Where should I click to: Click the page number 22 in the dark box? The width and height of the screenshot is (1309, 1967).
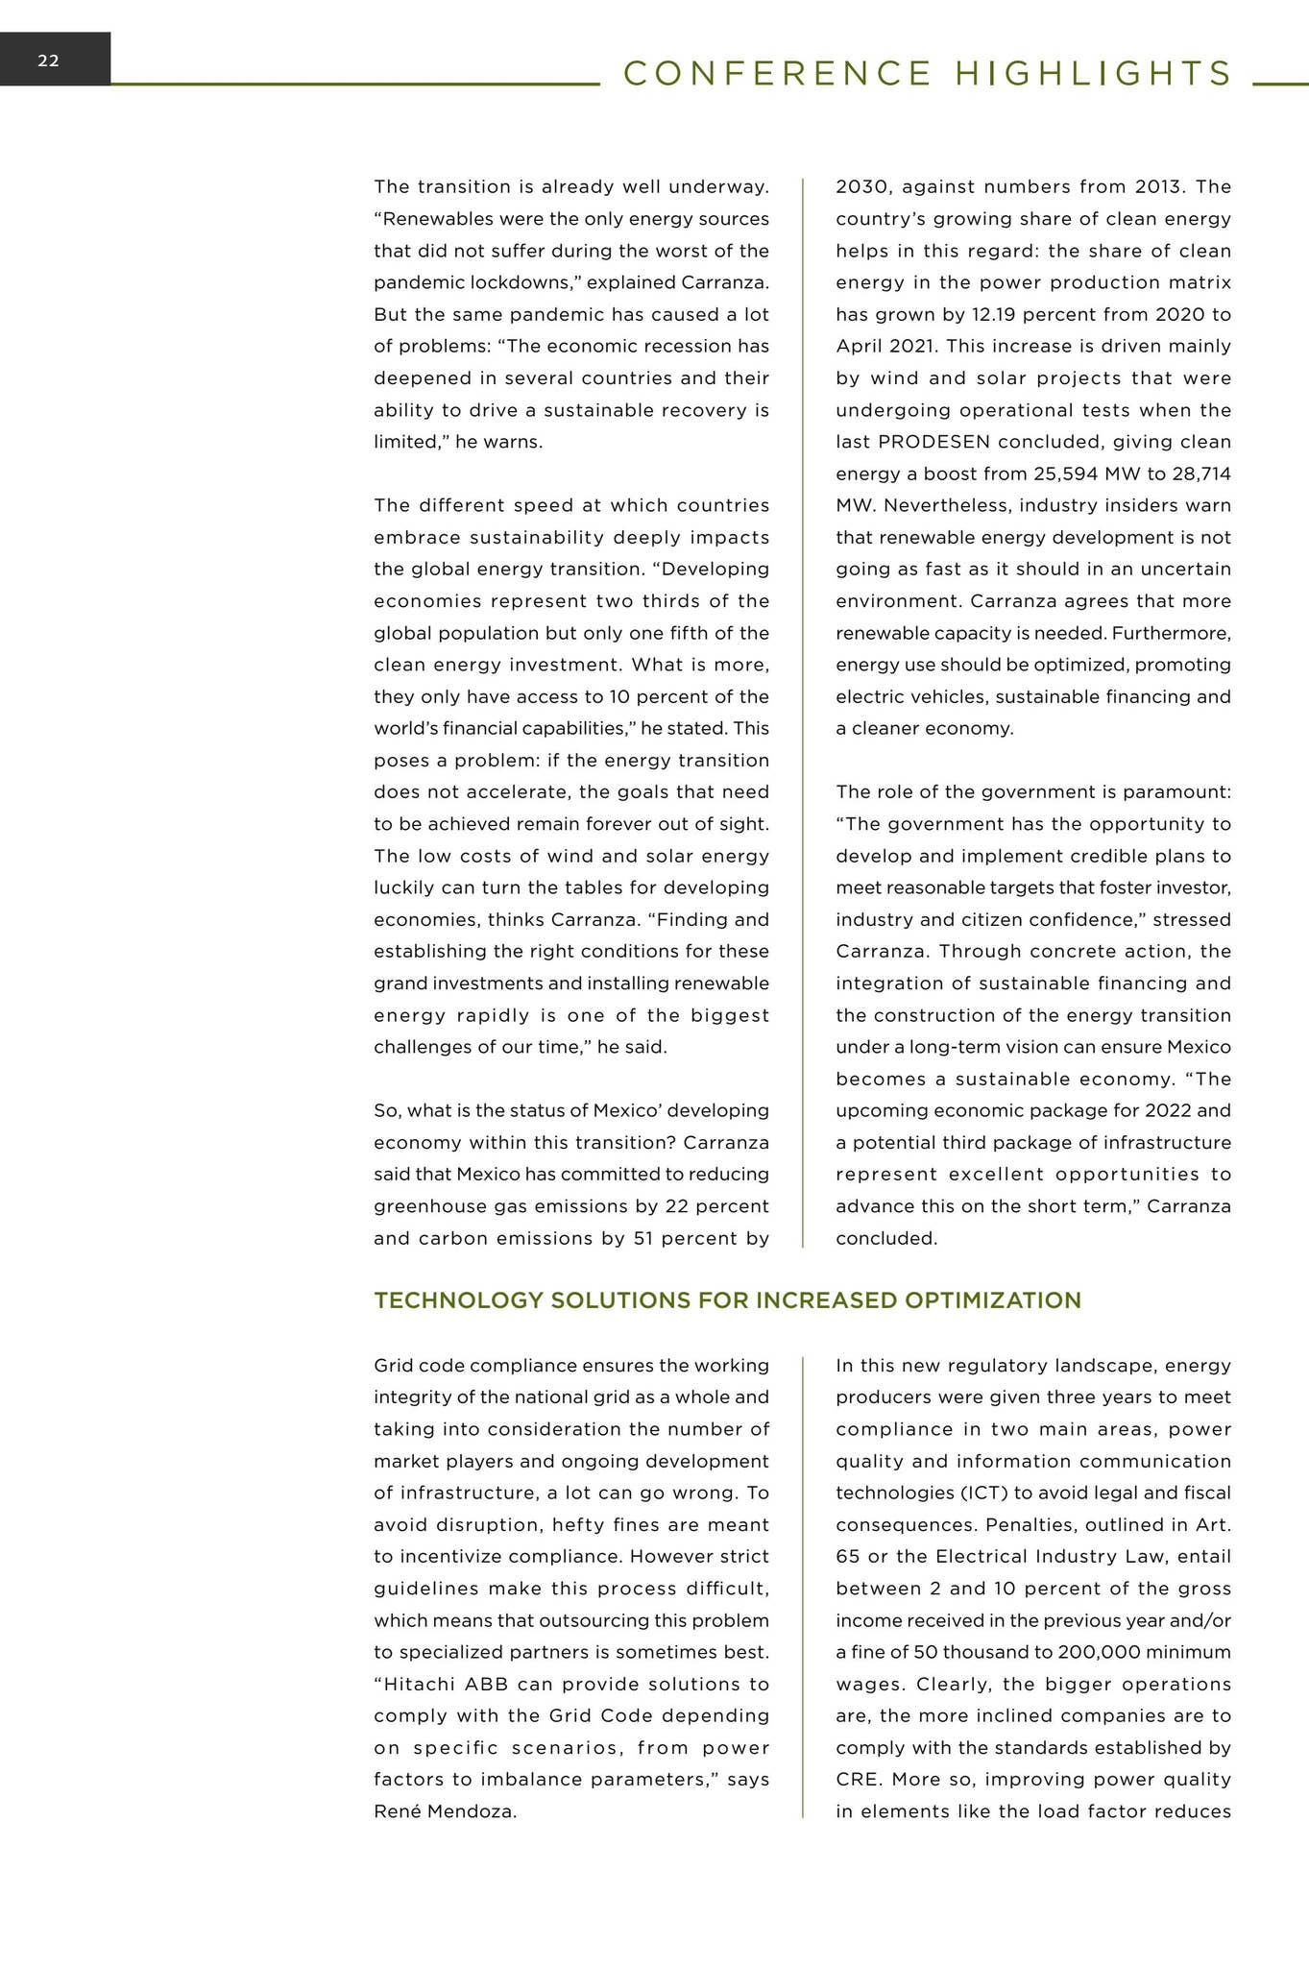point(48,61)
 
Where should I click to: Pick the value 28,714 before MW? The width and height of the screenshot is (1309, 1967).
point(1198,474)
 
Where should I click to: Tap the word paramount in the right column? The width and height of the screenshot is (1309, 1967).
point(1181,792)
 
